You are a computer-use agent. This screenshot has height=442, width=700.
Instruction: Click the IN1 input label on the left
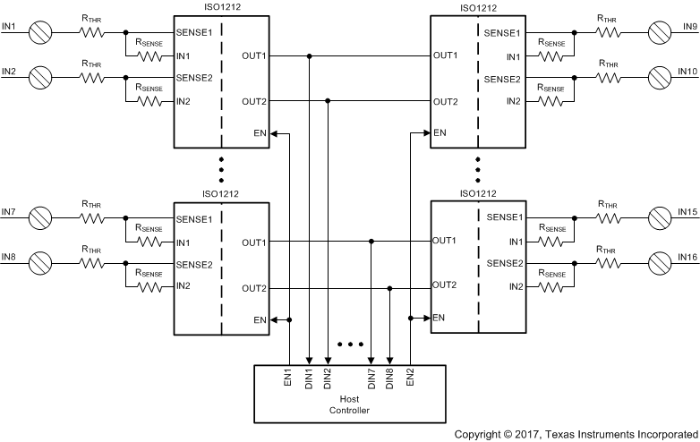tap(9, 25)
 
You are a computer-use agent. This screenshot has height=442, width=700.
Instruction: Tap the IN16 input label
tap(687, 256)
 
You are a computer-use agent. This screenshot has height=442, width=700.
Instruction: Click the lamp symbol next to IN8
tap(40, 264)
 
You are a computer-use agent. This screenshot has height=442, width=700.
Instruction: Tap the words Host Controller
tap(349, 405)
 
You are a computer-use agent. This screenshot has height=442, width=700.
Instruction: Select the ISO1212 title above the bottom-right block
tap(478, 192)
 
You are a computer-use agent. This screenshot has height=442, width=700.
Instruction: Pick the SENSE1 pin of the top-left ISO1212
tap(194, 33)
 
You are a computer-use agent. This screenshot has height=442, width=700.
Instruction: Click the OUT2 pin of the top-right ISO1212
tap(446, 101)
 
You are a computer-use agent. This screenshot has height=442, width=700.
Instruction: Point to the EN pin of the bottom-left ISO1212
tap(259, 319)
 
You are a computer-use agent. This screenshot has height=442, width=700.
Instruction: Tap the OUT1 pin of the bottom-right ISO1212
tap(446, 241)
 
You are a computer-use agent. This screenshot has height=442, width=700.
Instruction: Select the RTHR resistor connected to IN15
tap(608, 217)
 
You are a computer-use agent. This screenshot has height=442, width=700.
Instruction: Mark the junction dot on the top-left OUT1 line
tap(309, 55)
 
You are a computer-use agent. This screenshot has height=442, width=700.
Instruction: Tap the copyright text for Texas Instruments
tap(576, 434)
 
